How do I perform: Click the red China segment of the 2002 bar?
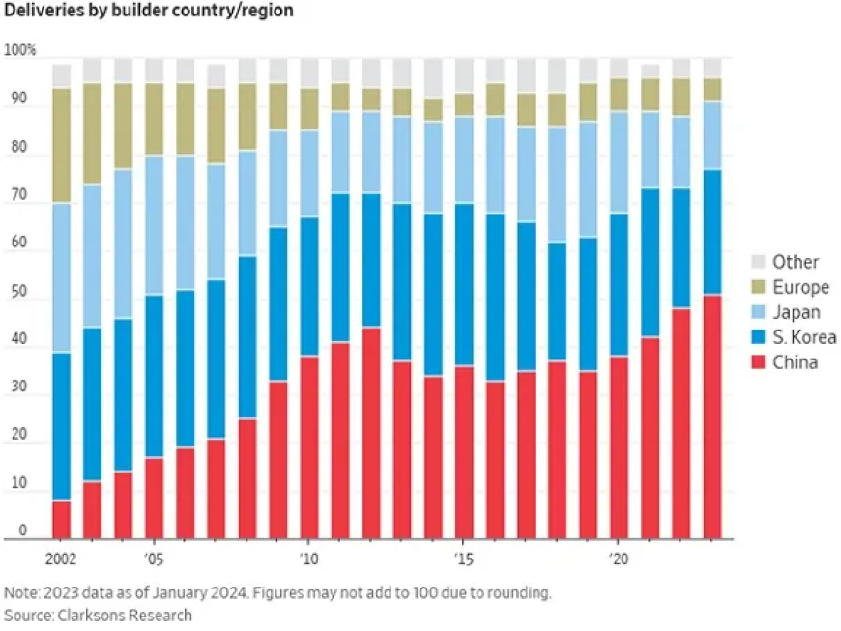[x=61, y=520]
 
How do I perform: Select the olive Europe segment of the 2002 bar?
[x=61, y=145]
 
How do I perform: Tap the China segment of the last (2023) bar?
[x=712, y=416]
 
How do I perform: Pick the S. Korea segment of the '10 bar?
[x=309, y=286]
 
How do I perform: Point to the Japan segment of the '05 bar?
[x=154, y=225]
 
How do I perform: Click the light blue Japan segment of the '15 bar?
[x=464, y=159]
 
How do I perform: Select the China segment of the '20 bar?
[x=619, y=447]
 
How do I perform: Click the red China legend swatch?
[x=758, y=362]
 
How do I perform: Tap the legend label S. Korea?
[x=804, y=337]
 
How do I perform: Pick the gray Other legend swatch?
[x=758, y=262]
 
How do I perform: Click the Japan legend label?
[x=797, y=312]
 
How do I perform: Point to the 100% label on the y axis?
[x=20, y=50]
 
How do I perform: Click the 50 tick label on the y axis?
[x=18, y=291]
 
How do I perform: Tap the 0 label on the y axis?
[x=22, y=530]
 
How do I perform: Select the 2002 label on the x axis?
[x=61, y=559]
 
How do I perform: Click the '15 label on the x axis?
[x=463, y=559]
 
